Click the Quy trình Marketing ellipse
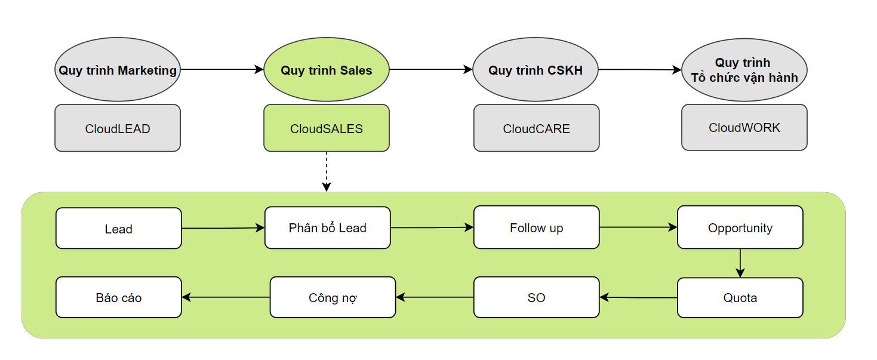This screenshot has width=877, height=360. [118, 70]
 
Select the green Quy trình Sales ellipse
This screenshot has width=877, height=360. [327, 70]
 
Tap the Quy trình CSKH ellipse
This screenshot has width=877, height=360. [536, 70]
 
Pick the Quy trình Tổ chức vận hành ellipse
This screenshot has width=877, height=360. [744, 70]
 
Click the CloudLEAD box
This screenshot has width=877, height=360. [118, 128]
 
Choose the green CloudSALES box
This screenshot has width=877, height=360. [327, 128]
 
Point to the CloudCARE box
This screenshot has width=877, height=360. [536, 128]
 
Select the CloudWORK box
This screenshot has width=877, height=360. [744, 128]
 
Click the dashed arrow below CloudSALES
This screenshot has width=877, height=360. [327, 171]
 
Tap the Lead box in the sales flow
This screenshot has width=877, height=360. [118, 228]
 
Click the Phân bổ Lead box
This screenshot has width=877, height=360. [327, 227]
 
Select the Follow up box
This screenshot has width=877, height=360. [536, 227]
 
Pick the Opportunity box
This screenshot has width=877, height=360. [740, 227]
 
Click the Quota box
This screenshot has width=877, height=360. [740, 297]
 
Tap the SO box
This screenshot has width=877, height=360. [536, 297]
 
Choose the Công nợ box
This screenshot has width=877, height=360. [333, 297]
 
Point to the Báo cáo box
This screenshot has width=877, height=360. [118, 297]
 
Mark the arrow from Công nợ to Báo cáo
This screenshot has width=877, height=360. [226, 297]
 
